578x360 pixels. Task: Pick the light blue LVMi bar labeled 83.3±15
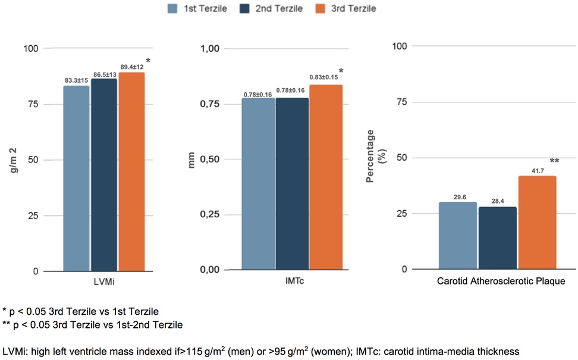(x=76, y=179)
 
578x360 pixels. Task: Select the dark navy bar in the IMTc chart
(x=292, y=184)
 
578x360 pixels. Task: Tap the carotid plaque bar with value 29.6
(x=458, y=236)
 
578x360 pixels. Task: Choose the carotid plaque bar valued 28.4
(x=498, y=237)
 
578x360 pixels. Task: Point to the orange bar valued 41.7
(x=537, y=223)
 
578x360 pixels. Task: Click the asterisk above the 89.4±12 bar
(x=147, y=61)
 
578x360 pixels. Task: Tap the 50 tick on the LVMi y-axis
(x=35, y=160)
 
